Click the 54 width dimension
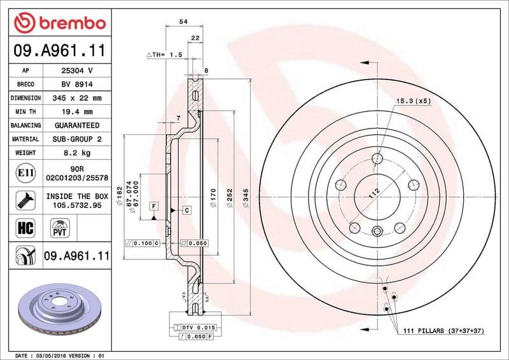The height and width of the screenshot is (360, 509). [183, 22]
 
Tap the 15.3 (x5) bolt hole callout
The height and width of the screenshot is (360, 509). [414, 101]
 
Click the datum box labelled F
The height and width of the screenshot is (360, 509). [153, 205]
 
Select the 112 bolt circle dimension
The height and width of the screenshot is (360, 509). [375, 195]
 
